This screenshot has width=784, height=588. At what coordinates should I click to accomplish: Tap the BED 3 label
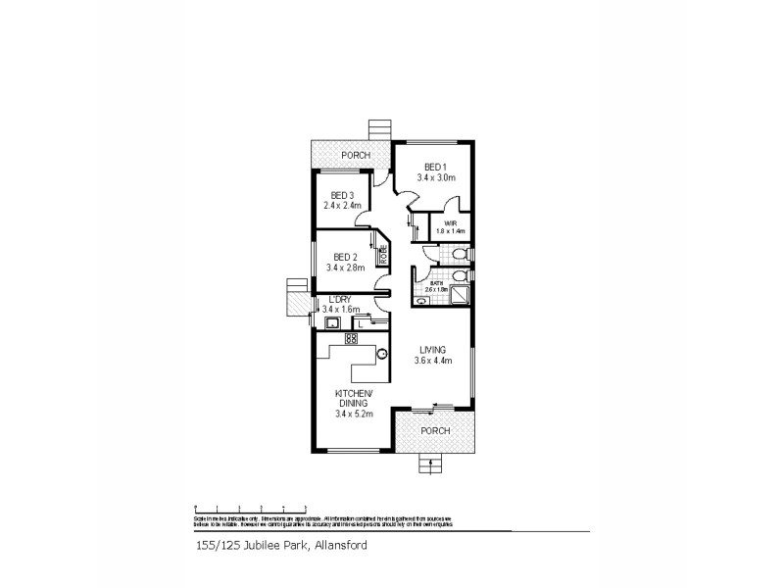[x=342, y=194]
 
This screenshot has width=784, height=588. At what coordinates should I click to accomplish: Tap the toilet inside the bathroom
[x=460, y=276]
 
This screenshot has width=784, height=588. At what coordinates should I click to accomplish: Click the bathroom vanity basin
[x=422, y=302]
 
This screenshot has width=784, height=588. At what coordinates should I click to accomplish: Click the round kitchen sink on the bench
[x=382, y=354]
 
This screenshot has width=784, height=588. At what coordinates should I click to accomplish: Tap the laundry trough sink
[x=331, y=322]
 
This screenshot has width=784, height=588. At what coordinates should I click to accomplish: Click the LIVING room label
[x=432, y=349]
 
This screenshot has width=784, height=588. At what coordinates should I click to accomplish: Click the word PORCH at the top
[x=355, y=156]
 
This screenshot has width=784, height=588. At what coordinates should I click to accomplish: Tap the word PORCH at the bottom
[x=434, y=431]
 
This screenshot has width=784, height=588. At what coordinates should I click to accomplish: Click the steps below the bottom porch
[x=429, y=464]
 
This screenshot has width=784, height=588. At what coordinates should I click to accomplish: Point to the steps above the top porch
[x=379, y=130]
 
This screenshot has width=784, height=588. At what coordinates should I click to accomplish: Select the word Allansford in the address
[x=340, y=546]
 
